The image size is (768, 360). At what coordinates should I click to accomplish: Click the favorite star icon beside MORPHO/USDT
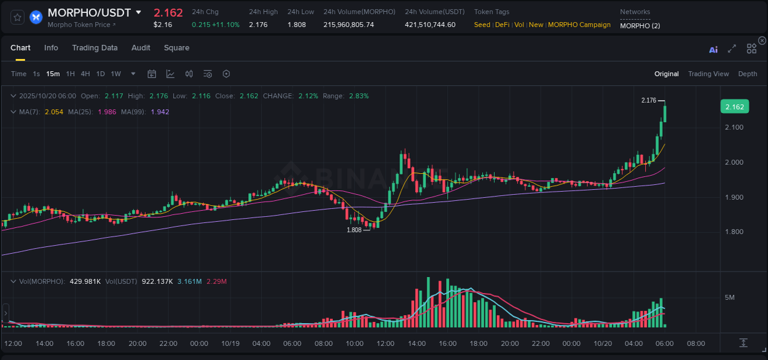coord(18,17)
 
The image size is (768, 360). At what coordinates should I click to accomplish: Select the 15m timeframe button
coord(53,74)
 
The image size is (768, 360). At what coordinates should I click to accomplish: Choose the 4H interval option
coord(85,74)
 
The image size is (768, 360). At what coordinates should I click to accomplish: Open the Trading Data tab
coord(95,48)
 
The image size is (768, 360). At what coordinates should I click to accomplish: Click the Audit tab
coord(141,48)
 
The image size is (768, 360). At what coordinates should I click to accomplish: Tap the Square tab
coord(176,48)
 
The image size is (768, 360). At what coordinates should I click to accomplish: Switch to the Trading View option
coord(708,74)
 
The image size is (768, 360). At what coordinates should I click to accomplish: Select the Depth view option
coord(748,74)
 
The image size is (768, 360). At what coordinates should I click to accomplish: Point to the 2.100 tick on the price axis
coord(734,127)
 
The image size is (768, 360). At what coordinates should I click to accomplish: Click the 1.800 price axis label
coord(734,232)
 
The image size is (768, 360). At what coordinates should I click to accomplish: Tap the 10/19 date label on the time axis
coord(230,343)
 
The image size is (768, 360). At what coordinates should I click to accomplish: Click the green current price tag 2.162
coord(734,107)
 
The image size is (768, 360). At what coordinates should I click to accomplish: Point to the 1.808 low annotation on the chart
coord(355,230)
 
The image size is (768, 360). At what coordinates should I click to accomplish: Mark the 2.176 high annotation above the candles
coord(649,100)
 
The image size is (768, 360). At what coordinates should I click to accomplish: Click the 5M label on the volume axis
coord(730,297)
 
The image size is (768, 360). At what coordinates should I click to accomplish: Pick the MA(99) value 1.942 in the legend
coord(160,112)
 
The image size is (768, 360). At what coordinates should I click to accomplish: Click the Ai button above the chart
coord(713,50)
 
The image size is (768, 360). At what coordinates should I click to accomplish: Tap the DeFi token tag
coord(502,25)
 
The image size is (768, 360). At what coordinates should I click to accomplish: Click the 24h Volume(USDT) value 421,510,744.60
coord(430,25)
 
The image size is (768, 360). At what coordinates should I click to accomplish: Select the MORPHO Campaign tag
coord(579,25)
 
